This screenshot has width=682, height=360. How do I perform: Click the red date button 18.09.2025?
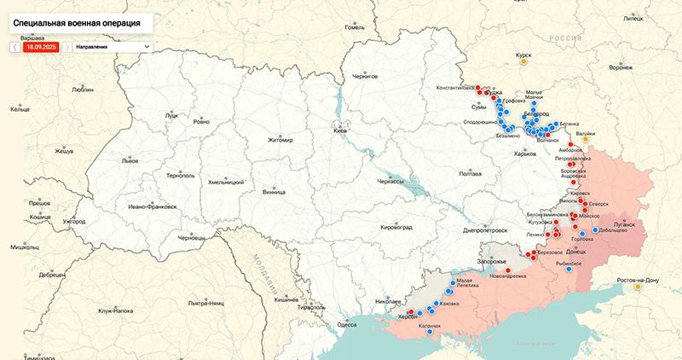(x=40, y=47)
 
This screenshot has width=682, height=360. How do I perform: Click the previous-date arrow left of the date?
(x=14, y=47)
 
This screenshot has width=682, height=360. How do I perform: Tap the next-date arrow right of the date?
(x=66, y=47)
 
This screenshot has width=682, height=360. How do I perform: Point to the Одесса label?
(x=347, y=324)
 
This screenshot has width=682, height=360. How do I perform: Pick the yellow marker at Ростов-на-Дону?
(x=637, y=287)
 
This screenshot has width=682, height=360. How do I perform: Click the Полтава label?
(x=471, y=173)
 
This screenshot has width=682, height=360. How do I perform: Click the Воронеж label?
(x=621, y=67)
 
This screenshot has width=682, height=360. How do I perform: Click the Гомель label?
(x=354, y=27)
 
